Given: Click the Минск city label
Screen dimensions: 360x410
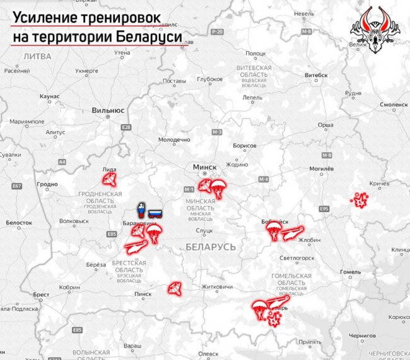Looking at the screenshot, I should click(x=204, y=167).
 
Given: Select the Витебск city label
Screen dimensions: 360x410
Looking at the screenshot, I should click(x=316, y=74).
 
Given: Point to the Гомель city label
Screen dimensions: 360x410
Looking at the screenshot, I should click(x=350, y=272).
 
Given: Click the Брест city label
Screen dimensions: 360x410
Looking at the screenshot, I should click(x=41, y=294).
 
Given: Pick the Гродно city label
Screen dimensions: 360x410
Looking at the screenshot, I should click(x=47, y=185).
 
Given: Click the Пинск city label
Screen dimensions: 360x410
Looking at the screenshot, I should click(x=143, y=294).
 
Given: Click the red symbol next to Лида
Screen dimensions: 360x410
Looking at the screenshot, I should click(x=109, y=180).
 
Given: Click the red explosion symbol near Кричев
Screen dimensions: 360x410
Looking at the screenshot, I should click(x=360, y=201).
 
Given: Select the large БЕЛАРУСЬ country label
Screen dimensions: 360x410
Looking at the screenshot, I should click(x=211, y=247).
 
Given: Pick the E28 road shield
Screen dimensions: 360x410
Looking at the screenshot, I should click(x=127, y=127).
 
